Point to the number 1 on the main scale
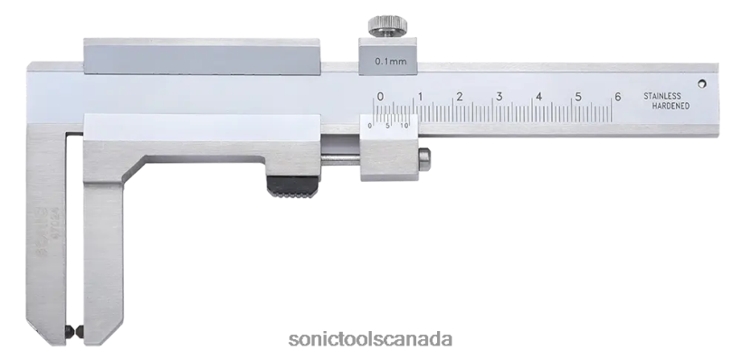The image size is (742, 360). coord(419,96)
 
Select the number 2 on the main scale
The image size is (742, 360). coord(459,96)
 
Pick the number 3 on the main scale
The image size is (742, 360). coord(499,96)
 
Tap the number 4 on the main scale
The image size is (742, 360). coord(538,96)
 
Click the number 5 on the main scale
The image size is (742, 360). coord(578,96)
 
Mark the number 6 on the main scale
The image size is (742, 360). coord(617,96)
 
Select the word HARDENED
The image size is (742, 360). coord(671,106)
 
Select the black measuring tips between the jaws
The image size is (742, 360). coord(76,332)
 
